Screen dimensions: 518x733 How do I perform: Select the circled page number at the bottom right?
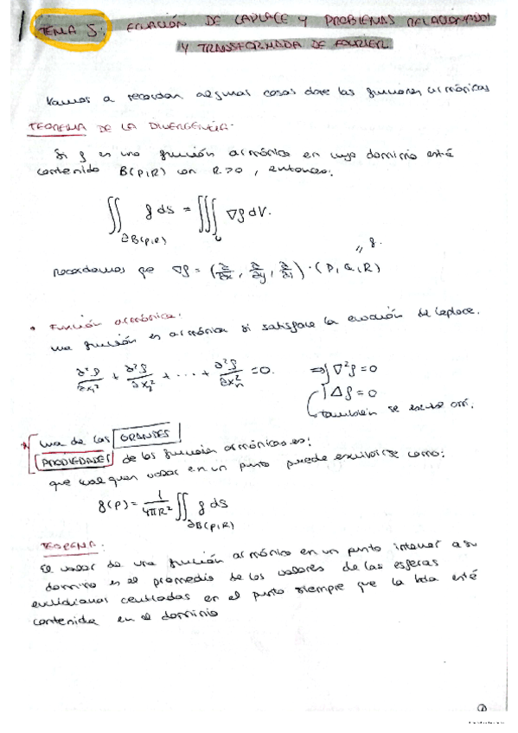point(483,707)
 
